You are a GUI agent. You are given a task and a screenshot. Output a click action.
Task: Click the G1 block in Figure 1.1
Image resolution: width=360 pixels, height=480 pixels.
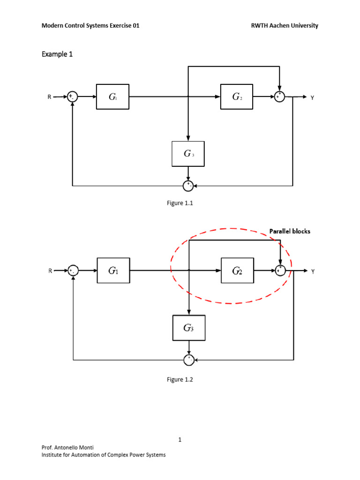click(112, 97)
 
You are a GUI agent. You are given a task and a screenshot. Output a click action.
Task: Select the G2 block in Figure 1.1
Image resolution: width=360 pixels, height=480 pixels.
click(237, 97)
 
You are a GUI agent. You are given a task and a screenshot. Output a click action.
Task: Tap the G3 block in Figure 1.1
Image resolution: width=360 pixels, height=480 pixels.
click(188, 154)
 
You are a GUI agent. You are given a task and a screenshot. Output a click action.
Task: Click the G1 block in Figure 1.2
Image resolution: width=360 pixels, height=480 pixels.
click(113, 270)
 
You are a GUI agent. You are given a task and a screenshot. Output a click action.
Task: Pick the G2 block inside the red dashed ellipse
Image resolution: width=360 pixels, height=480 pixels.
click(237, 271)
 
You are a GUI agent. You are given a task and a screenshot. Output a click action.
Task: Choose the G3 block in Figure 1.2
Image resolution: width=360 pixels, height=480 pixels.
click(188, 328)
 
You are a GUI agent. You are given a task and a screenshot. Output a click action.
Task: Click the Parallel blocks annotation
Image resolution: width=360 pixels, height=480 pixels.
click(289, 231)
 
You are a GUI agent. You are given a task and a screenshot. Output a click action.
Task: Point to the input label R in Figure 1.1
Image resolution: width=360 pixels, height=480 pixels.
click(49, 97)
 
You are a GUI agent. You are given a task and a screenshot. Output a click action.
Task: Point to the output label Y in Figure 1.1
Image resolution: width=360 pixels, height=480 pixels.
click(312, 97)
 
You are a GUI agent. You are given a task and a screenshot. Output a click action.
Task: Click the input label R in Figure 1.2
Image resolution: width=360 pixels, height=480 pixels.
click(50, 271)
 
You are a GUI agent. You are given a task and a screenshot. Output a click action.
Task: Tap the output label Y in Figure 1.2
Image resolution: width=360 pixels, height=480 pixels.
click(312, 271)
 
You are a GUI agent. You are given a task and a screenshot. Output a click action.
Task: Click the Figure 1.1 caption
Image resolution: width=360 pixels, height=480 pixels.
click(180, 204)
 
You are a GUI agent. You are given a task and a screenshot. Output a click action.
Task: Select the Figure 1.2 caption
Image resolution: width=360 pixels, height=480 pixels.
click(180, 380)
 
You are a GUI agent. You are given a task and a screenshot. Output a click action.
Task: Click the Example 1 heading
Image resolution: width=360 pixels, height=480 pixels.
click(57, 54)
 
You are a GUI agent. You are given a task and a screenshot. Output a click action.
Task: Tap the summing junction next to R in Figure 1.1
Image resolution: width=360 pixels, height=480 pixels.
click(72, 97)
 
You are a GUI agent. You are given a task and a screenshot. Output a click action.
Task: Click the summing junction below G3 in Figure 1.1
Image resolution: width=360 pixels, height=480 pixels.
click(188, 186)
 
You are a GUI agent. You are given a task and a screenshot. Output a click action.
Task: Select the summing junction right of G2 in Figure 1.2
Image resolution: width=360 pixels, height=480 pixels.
click(280, 271)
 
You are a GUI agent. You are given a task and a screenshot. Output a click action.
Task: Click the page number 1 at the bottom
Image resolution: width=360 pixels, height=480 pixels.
click(180, 440)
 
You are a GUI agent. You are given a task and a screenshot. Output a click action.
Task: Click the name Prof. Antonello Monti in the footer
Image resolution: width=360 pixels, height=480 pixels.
click(68, 448)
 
